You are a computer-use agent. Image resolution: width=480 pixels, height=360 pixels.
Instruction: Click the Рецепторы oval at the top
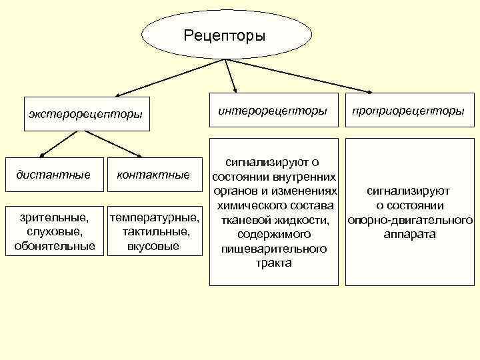pyautogui.click(x=225, y=35)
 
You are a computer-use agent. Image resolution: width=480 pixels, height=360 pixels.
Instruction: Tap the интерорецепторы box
pyautogui.click(x=273, y=110)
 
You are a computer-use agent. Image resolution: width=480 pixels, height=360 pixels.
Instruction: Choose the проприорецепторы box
pyautogui.click(x=409, y=111)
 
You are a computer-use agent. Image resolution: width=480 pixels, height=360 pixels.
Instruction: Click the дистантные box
pyautogui.click(x=53, y=175)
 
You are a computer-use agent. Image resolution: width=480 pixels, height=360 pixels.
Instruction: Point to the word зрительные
pyautogui.click(x=53, y=217)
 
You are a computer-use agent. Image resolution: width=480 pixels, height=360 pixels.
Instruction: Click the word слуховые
pyautogui.click(x=53, y=231)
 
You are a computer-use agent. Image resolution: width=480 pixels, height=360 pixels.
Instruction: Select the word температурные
pyautogui.click(x=154, y=217)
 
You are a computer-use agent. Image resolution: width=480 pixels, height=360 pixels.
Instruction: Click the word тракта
pyautogui.click(x=273, y=263)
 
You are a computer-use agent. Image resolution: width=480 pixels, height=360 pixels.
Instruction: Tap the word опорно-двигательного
pyautogui.click(x=410, y=220)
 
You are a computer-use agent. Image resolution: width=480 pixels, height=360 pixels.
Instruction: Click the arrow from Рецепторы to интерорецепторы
pyautogui.click(x=233, y=75)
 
